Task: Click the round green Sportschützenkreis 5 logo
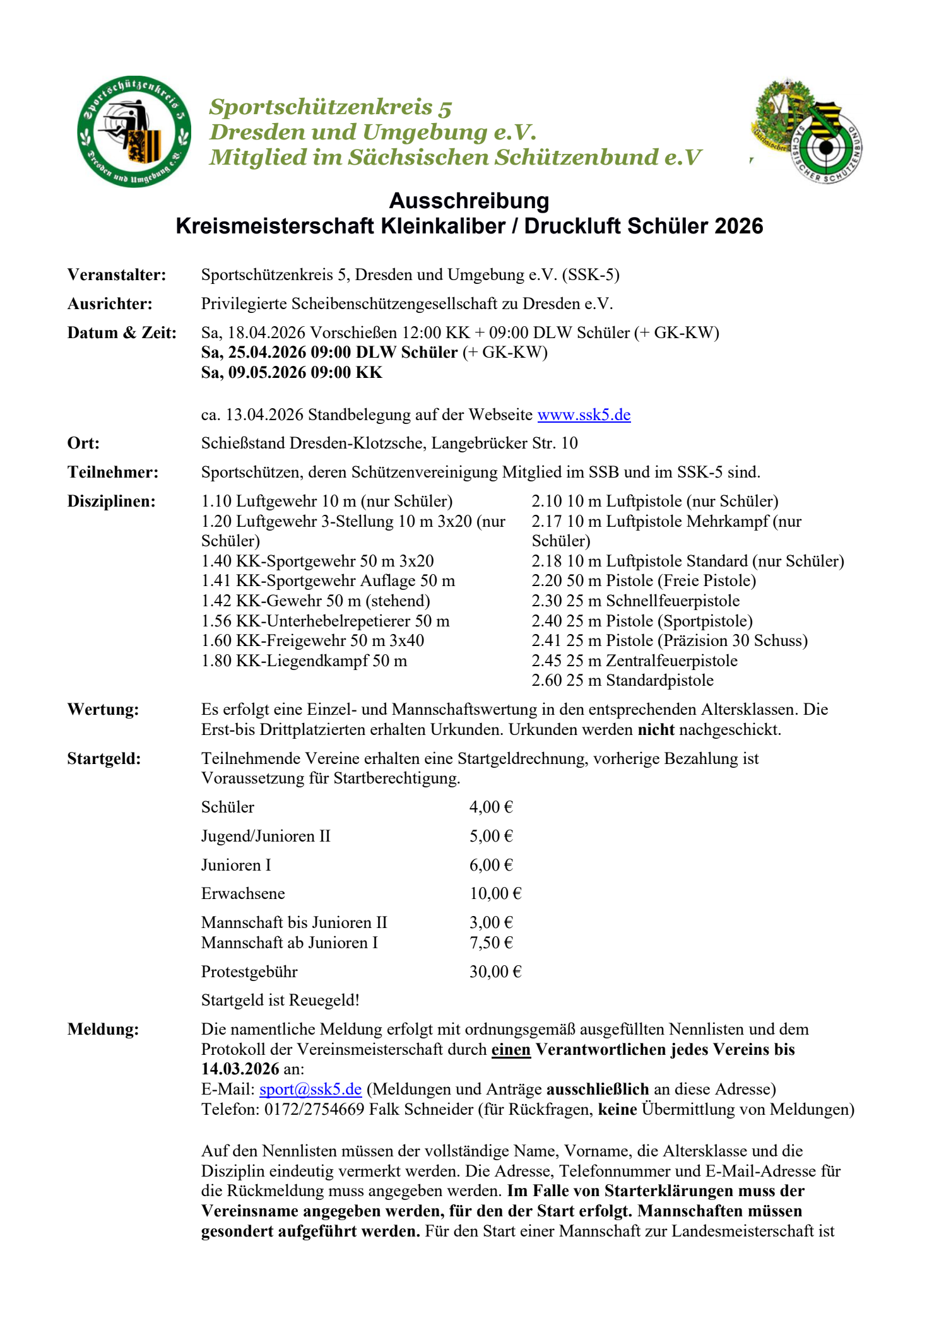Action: tap(134, 132)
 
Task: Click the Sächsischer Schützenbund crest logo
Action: tap(807, 132)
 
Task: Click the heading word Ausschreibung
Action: tap(469, 201)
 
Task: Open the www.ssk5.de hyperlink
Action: tap(584, 414)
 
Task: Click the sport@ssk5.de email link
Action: tap(310, 1089)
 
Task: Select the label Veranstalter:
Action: tap(117, 275)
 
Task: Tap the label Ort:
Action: tap(83, 444)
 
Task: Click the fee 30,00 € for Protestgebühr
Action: tap(495, 972)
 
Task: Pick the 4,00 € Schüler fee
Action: tap(490, 807)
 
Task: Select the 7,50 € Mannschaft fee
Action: tap(490, 943)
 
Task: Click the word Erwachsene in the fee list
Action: tap(243, 893)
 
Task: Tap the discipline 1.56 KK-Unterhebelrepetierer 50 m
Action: tap(325, 621)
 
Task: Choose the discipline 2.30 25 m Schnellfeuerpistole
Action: tap(635, 601)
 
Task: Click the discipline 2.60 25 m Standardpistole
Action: tap(622, 680)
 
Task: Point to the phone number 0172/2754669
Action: tap(314, 1109)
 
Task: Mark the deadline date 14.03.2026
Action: tap(240, 1069)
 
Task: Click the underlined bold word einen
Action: tap(511, 1049)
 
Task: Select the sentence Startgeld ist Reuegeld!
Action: tap(280, 1000)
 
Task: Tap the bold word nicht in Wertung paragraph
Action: tap(656, 729)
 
